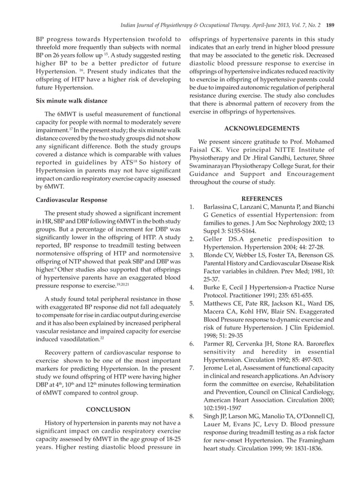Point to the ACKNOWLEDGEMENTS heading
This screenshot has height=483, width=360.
point(262,128)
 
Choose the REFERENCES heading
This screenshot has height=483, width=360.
point(262,199)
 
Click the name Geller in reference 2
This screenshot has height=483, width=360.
point(213,239)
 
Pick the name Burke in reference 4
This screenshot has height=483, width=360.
point(213,287)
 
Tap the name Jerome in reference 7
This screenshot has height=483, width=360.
point(215,368)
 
